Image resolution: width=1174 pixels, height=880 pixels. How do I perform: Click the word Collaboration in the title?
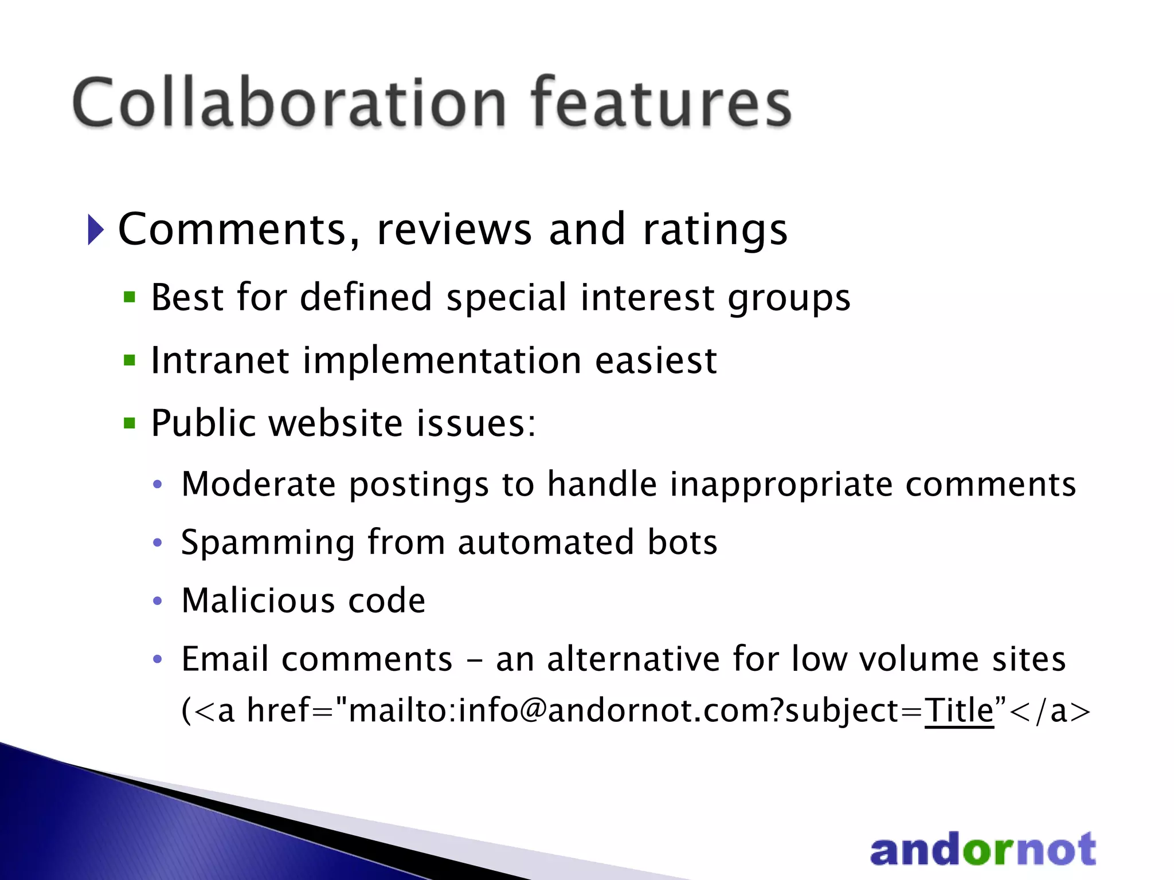[289, 103]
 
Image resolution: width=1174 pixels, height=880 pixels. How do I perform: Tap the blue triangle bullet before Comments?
[96, 230]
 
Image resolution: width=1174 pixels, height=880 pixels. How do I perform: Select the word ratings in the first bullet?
[715, 230]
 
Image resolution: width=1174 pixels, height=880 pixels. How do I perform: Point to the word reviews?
[454, 230]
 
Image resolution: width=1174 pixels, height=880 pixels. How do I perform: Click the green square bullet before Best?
[130, 297]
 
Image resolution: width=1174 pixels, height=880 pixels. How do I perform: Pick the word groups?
[789, 298]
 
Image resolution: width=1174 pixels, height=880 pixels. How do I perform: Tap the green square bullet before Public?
[130, 423]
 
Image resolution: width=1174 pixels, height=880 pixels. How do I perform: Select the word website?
[336, 423]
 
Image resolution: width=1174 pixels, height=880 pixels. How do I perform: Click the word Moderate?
[259, 484]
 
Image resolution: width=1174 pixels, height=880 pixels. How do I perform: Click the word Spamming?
[268, 543]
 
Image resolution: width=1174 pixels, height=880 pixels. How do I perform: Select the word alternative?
[633, 659]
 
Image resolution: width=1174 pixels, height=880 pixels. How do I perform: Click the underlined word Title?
[958, 710]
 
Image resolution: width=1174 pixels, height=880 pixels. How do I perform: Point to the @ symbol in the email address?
[533, 710]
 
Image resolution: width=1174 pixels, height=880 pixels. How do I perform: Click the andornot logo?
[983, 850]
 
